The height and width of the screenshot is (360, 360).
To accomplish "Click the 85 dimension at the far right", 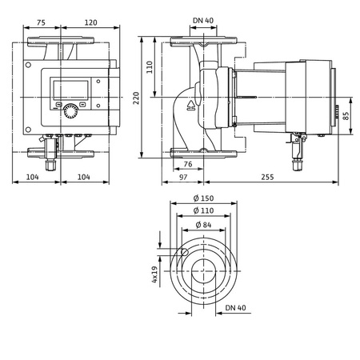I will point(347,117).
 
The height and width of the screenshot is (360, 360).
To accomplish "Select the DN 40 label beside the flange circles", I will point(235,306).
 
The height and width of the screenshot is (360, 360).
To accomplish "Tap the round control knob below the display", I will point(73,110).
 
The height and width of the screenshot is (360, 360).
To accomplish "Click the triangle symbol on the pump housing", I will point(192,104).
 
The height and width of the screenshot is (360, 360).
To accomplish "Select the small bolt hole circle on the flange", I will point(183,252).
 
